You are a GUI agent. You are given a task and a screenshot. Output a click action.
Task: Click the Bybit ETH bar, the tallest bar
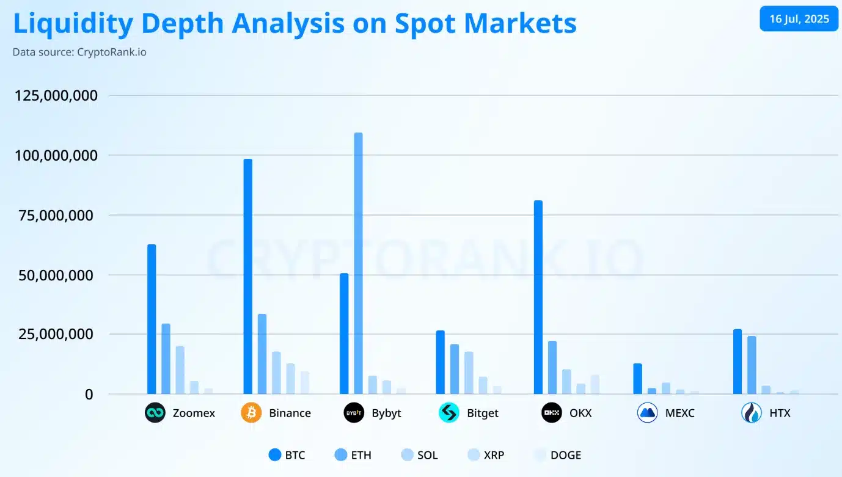(358, 263)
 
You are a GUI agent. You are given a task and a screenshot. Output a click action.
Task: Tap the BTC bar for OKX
(538, 297)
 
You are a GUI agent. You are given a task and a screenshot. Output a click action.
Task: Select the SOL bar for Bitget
(469, 373)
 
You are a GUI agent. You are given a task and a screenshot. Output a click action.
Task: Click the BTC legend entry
(287, 455)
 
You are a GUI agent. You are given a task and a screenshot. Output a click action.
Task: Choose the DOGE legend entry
(557, 455)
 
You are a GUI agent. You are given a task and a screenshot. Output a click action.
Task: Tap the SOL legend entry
(419, 455)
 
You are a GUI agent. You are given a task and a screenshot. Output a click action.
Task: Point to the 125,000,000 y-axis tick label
(55, 96)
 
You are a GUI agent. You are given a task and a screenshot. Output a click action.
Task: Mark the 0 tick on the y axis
(89, 395)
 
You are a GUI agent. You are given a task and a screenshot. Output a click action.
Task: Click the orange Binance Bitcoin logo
(251, 413)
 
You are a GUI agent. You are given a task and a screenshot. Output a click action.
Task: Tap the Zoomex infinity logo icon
(155, 413)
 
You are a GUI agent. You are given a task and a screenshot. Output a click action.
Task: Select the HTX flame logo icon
(751, 413)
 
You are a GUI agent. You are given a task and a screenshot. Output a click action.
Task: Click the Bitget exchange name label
(482, 413)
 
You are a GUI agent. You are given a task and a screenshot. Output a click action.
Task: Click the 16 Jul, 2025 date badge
(799, 19)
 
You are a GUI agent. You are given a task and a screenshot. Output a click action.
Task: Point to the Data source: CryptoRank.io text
(79, 52)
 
